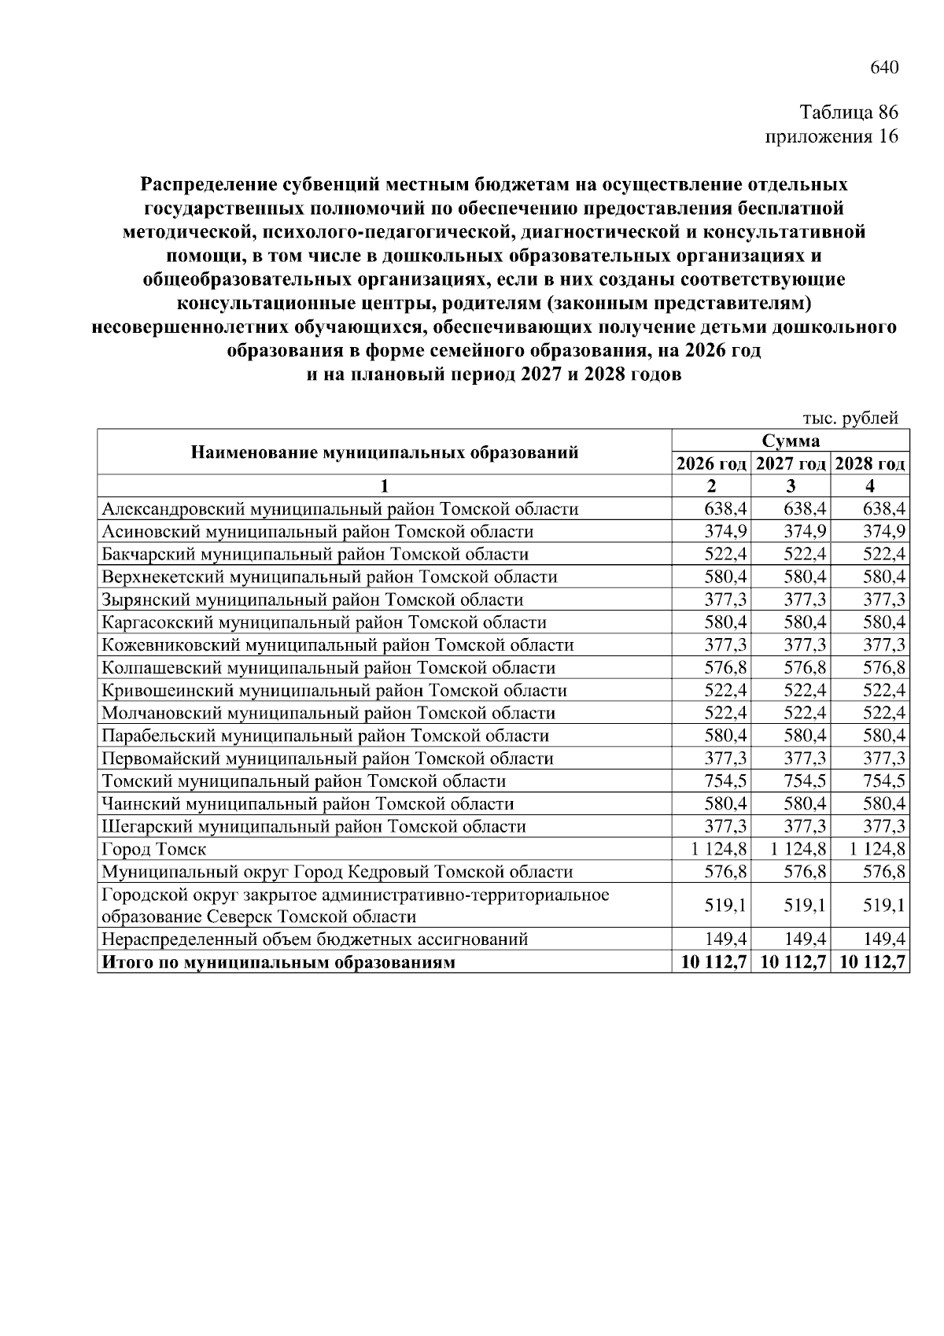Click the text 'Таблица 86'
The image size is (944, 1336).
pyautogui.click(x=849, y=112)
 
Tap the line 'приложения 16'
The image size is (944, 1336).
pyautogui.click(x=832, y=136)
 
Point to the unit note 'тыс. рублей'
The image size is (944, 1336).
pyautogui.click(x=850, y=419)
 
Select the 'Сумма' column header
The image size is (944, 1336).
pyautogui.click(x=790, y=441)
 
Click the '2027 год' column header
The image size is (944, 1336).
pyautogui.click(x=791, y=463)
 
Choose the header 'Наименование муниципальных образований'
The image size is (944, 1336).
pyautogui.click(x=385, y=452)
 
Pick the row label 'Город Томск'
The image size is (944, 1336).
pyautogui.click(x=154, y=849)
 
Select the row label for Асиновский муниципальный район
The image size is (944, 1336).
pyautogui.click(x=317, y=531)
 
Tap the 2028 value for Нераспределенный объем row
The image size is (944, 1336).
pyautogui.click(x=883, y=939)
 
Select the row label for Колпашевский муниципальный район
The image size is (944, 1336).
pyautogui.click(x=328, y=668)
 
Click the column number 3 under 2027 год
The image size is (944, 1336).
pyautogui.click(x=791, y=485)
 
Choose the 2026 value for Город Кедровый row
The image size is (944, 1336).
pyautogui.click(x=725, y=872)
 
